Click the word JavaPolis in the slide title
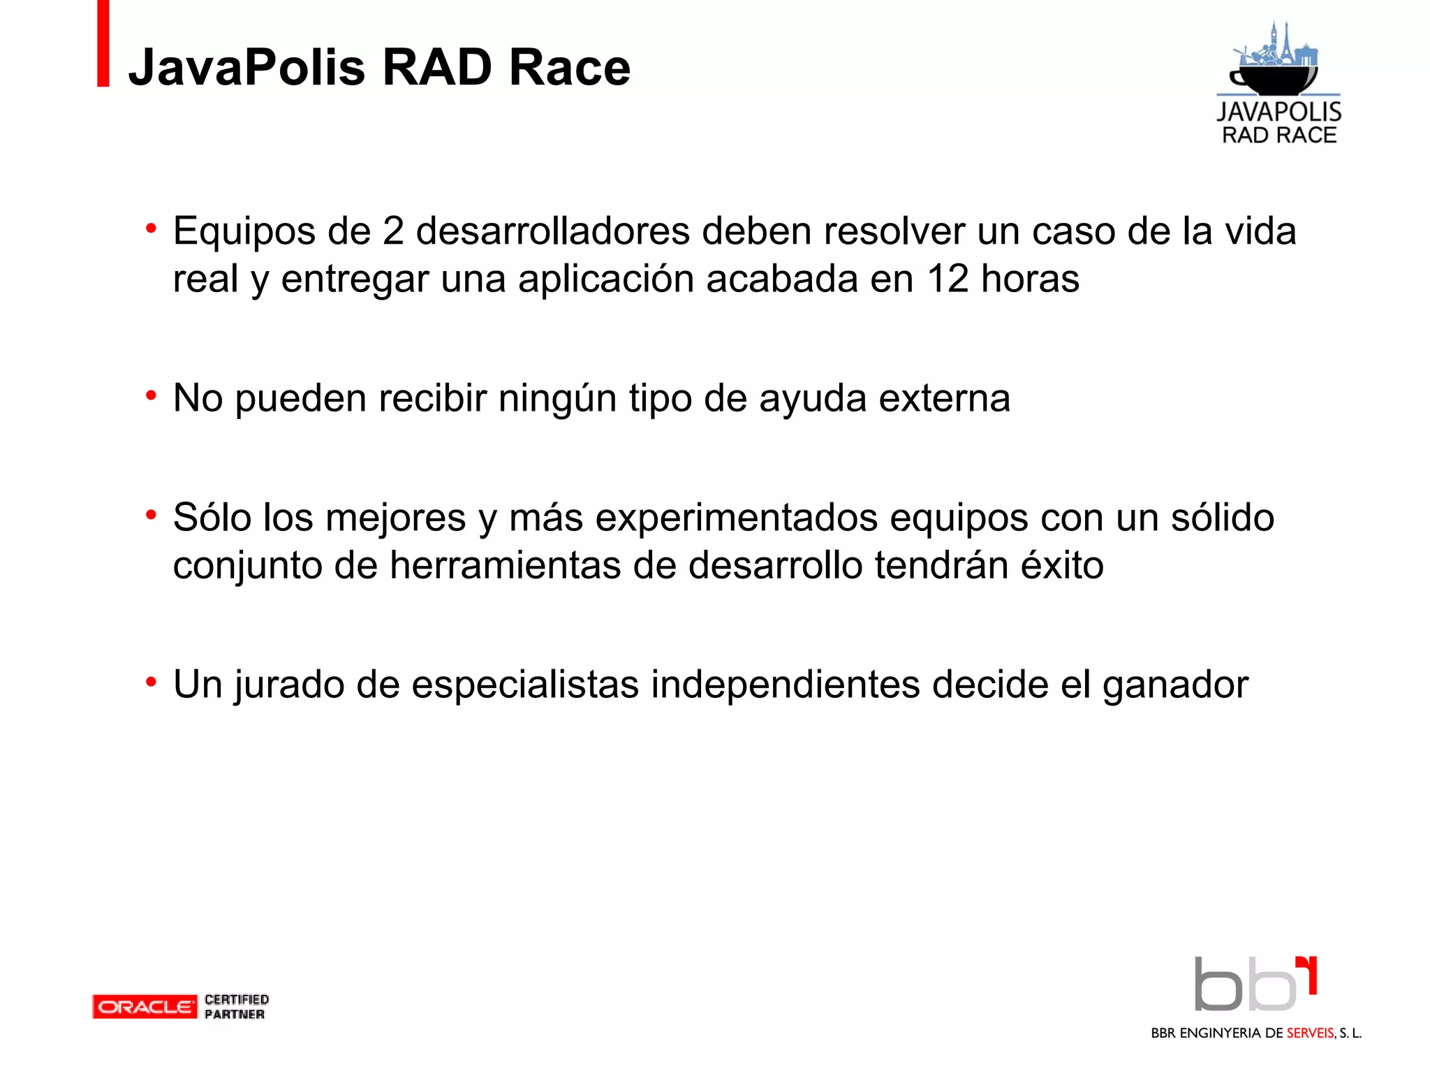[x=246, y=68]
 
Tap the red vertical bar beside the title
[x=103, y=43]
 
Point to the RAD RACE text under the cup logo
[x=1279, y=135]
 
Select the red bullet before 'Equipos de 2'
[x=151, y=228]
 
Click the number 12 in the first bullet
[x=948, y=279]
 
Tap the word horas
[x=1030, y=279]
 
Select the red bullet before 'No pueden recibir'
[x=151, y=396]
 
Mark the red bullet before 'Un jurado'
[x=151, y=682]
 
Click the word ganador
[x=1175, y=685]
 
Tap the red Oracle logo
[x=145, y=1007]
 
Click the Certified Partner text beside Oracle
[x=236, y=1007]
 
